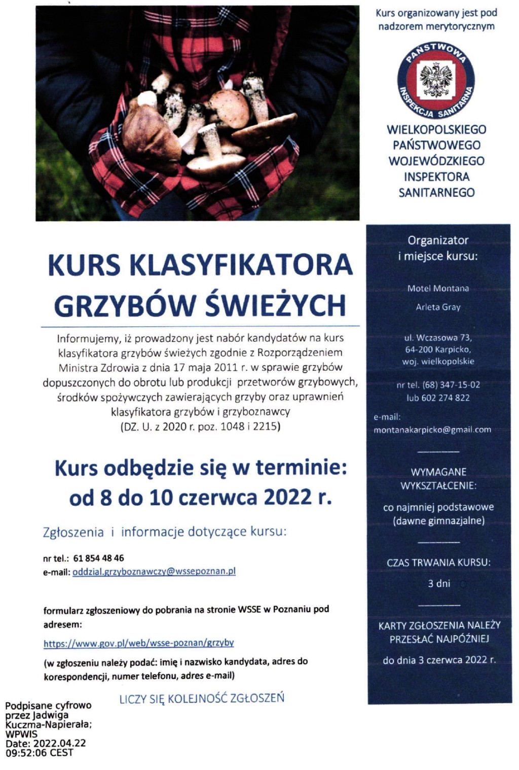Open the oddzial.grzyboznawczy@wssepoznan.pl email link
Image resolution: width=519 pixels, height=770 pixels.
[x=154, y=571]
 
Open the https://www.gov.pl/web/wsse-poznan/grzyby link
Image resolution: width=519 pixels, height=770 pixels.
[x=138, y=643]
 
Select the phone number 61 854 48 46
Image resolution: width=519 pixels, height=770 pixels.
[x=98, y=558]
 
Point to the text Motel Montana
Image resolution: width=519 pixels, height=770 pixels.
[x=438, y=289]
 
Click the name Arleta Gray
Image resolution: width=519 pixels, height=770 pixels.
[x=438, y=307]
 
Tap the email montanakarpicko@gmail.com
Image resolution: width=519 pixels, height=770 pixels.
[x=432, y=430]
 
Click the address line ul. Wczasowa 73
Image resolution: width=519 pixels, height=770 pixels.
[x=438, y=337]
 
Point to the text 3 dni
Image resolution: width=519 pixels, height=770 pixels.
[x=439, y=583]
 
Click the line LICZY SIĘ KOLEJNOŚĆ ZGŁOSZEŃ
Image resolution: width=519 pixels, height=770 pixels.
[x=202, y=698]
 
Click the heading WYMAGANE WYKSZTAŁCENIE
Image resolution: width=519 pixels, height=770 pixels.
[x=438, y=478]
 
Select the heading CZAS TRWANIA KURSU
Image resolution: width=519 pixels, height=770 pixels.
[x=438, y=562]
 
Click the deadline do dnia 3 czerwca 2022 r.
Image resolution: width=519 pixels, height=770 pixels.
[x=439, y=660]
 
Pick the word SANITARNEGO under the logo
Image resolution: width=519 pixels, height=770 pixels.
[x=436, y=193]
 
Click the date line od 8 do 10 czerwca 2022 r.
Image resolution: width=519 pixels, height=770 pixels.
[x=201, y=498]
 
